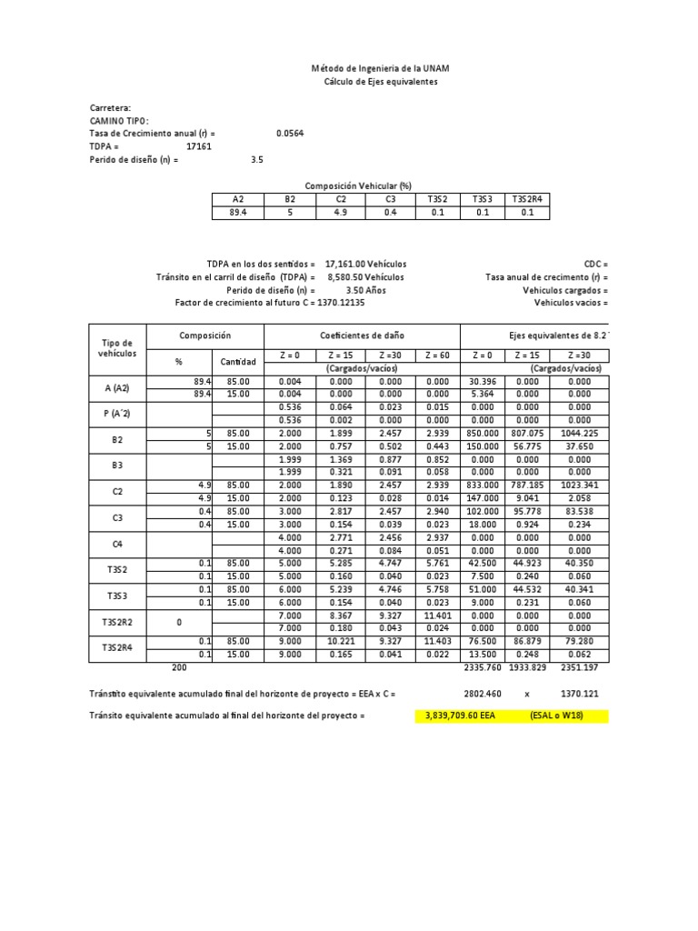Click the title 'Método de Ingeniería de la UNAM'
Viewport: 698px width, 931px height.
(380, 69)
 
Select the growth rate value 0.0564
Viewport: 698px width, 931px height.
(290, 133)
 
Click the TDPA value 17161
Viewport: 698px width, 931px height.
(199, 145)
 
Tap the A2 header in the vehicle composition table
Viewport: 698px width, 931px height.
(239, 199)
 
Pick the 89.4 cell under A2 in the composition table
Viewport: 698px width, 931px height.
(239, 213)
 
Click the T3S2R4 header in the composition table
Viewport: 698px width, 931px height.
(527, 199)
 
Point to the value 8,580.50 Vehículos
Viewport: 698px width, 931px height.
(365, 276)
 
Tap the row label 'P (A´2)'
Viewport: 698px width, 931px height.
(115, 414)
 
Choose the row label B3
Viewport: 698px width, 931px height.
(115, 465)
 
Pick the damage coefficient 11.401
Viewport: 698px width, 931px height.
(436, 615)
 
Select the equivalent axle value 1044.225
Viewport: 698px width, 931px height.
(580, 434)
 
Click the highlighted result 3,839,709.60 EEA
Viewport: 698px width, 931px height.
(460, 716)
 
